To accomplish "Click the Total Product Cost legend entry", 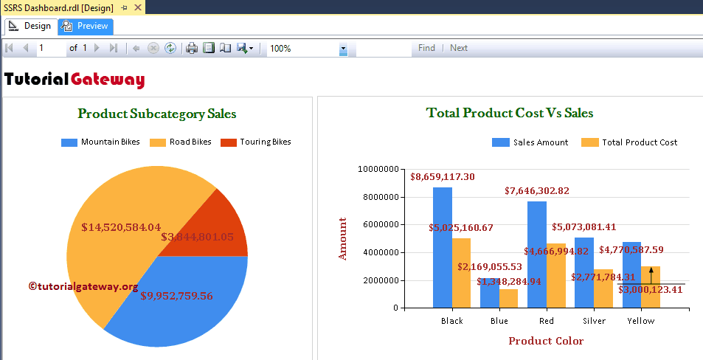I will [630, 142].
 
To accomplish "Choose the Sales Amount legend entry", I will [531, 142].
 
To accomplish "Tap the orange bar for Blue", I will [509, 298].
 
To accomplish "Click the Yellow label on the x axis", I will [641, 321].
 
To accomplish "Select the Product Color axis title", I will [546, 341].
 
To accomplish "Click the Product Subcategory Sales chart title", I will [157, 114].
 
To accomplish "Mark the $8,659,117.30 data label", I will [443, 177].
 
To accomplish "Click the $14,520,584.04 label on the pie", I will [121, 227].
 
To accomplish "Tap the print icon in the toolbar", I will [192, 48].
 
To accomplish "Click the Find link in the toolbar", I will [426, 48].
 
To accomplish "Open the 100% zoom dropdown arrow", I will [343, 49].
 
